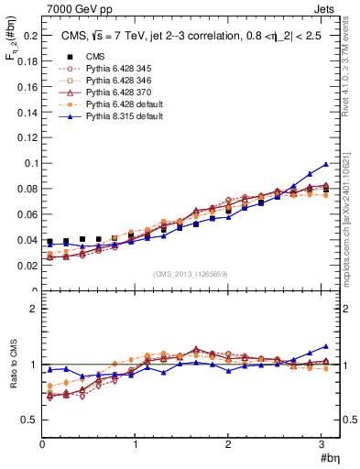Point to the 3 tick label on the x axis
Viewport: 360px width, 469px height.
point(322,444)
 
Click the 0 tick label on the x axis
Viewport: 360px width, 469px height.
point(42,444)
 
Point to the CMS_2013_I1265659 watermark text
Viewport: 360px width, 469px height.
point(191,273)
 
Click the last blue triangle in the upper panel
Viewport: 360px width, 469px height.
point(325,164)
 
